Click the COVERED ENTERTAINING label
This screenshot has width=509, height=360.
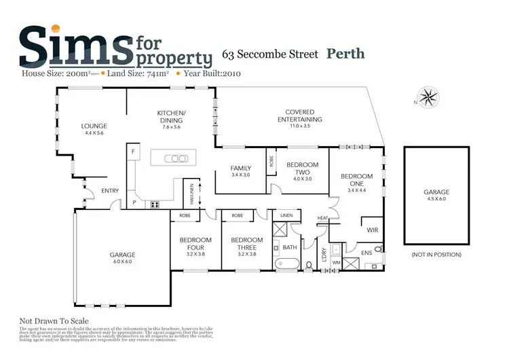click(x=299, y=116)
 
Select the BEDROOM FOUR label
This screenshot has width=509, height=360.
click(x=195, y=244)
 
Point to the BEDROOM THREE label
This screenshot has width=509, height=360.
click(x=246, y=244)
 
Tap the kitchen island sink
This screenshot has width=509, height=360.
click(x=178, y=158)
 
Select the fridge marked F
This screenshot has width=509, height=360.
click(x=134, y=151)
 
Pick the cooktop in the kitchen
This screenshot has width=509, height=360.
click(x=155, y=204)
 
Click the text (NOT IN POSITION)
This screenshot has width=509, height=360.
click(x=436, y=255)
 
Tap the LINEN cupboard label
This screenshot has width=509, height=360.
click(x=285, y=216)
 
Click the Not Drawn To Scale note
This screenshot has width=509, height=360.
click(x=54, y=321)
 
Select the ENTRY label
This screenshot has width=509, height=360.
click(x=110, y=191)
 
